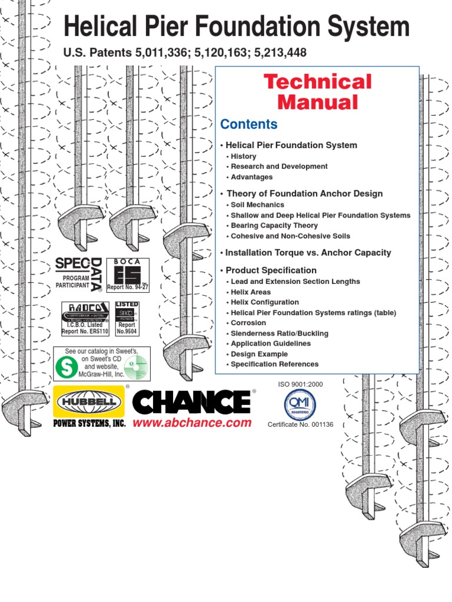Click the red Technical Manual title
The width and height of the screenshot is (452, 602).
point(317,92)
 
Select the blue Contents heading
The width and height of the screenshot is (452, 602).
point(248,125)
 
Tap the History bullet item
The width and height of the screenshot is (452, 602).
point(243,156)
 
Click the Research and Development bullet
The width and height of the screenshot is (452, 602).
point(279,166)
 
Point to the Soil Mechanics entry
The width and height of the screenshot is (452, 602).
point(257,205)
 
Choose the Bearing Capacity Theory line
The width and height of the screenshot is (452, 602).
point(274,225)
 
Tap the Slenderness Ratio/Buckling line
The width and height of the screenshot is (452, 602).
point(280,333)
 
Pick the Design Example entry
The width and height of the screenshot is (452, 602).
point(259,354)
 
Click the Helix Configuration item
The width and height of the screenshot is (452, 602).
point(262,302)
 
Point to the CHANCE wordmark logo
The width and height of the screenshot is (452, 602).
point(191,402)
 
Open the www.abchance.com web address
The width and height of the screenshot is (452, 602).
point(192,423)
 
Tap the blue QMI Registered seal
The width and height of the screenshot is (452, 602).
point(300,404)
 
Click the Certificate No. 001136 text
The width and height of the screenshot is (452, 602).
point(300,424)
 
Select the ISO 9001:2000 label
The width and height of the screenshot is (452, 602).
point(300,384)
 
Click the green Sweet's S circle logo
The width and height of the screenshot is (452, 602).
point(65,366)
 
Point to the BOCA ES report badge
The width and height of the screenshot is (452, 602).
point(128,275)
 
